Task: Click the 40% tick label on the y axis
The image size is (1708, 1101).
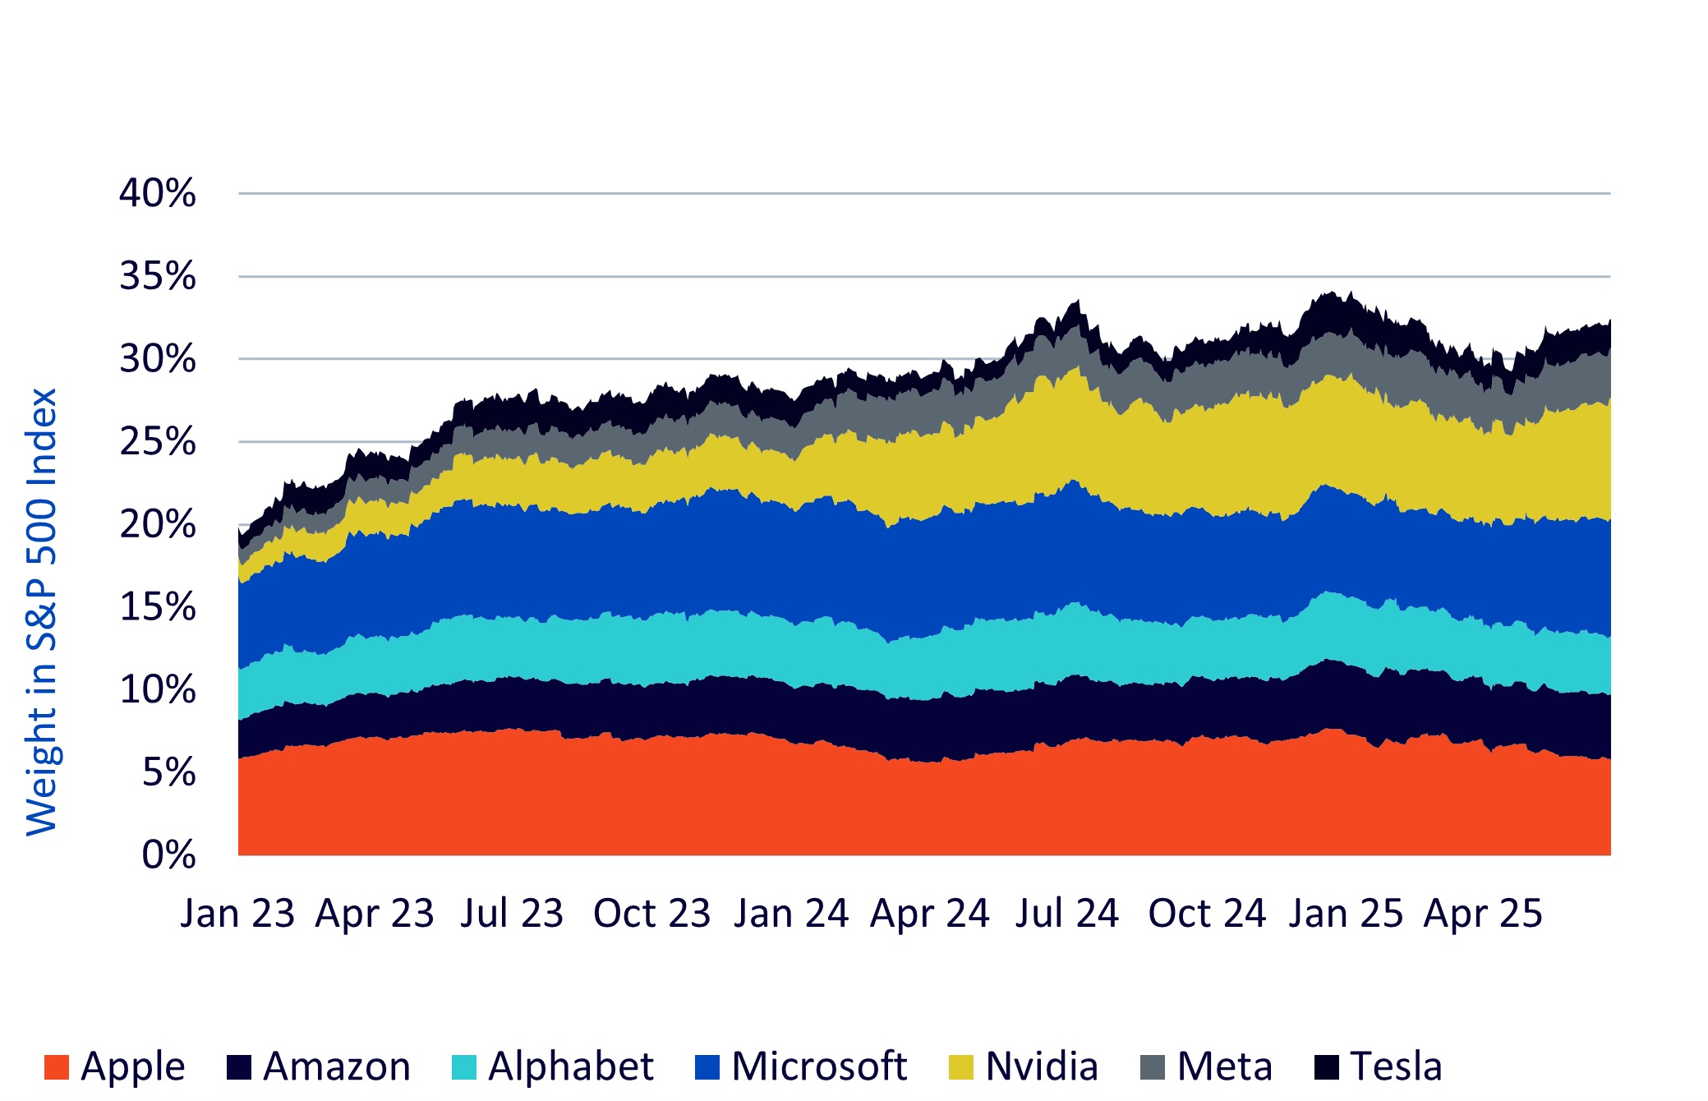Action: (157, 194)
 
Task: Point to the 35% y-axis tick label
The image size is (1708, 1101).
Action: (157, 277)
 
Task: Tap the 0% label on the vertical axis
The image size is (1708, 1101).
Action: (168, 855)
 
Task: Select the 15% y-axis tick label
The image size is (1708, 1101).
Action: (157, 607)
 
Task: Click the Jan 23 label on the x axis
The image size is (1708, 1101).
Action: (237, 914)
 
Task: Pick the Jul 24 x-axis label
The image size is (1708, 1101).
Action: (1066, 914)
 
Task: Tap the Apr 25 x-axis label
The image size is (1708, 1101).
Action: (1483, 914)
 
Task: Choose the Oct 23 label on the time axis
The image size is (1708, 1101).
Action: (651, 914)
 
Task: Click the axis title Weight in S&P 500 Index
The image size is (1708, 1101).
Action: (41, 612)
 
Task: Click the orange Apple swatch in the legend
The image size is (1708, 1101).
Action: (57, 1067)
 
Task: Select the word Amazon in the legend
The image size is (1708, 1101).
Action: (337, 1067)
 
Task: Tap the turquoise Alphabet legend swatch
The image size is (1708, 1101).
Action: (464, 1067)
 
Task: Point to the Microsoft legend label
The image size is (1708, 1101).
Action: (819, 1067)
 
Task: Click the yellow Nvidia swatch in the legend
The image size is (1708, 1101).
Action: (960, 1067)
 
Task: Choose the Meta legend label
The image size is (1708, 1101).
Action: (1224, 1067)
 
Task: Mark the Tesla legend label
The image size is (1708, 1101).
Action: (1396, 1067)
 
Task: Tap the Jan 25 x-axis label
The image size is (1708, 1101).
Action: (1345, 914)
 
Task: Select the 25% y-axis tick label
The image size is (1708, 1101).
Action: (157, 442)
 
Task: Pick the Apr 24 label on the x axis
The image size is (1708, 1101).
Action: (929, 914)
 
